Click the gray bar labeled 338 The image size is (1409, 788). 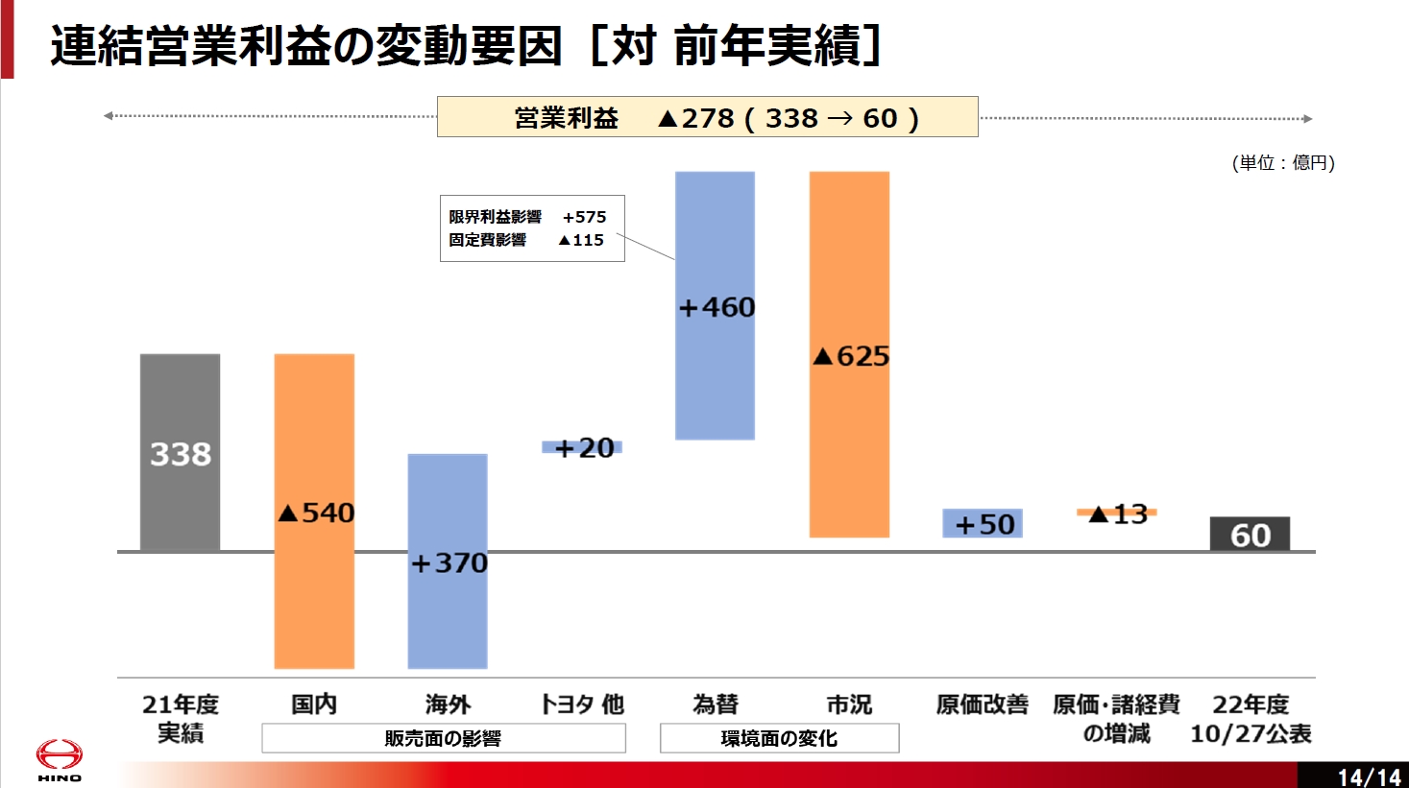[x=180, y=452]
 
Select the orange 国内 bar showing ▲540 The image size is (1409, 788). [x=314, y=511]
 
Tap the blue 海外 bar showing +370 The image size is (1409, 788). [x=448, y=561]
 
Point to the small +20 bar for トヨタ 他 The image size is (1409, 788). [x=582, y=447]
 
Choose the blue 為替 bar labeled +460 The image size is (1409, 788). [x=715, y=305]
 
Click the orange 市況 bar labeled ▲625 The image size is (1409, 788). [x=849, y=354]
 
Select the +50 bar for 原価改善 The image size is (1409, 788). [x=983, y=523]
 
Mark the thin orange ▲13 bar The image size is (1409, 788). [x=1117, y=513]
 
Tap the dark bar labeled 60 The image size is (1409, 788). [x=1250, y=535]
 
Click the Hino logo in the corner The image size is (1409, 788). [x=60, y=758]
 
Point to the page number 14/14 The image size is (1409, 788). [x=1369, y=776]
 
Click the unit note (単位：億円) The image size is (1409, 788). [x=1283, y=162]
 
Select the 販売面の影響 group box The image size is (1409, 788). [x=443, y=738]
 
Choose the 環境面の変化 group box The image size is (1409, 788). [x=779, y=738]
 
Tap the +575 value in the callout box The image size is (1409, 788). [x=584, y=217]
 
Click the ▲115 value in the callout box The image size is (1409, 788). [x=581, y=240]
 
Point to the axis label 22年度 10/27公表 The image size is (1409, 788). [x=1251, y=719]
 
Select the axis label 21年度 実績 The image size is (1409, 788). [x=180, y=719]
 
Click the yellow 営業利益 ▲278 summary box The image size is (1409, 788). [x=707, y=117]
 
